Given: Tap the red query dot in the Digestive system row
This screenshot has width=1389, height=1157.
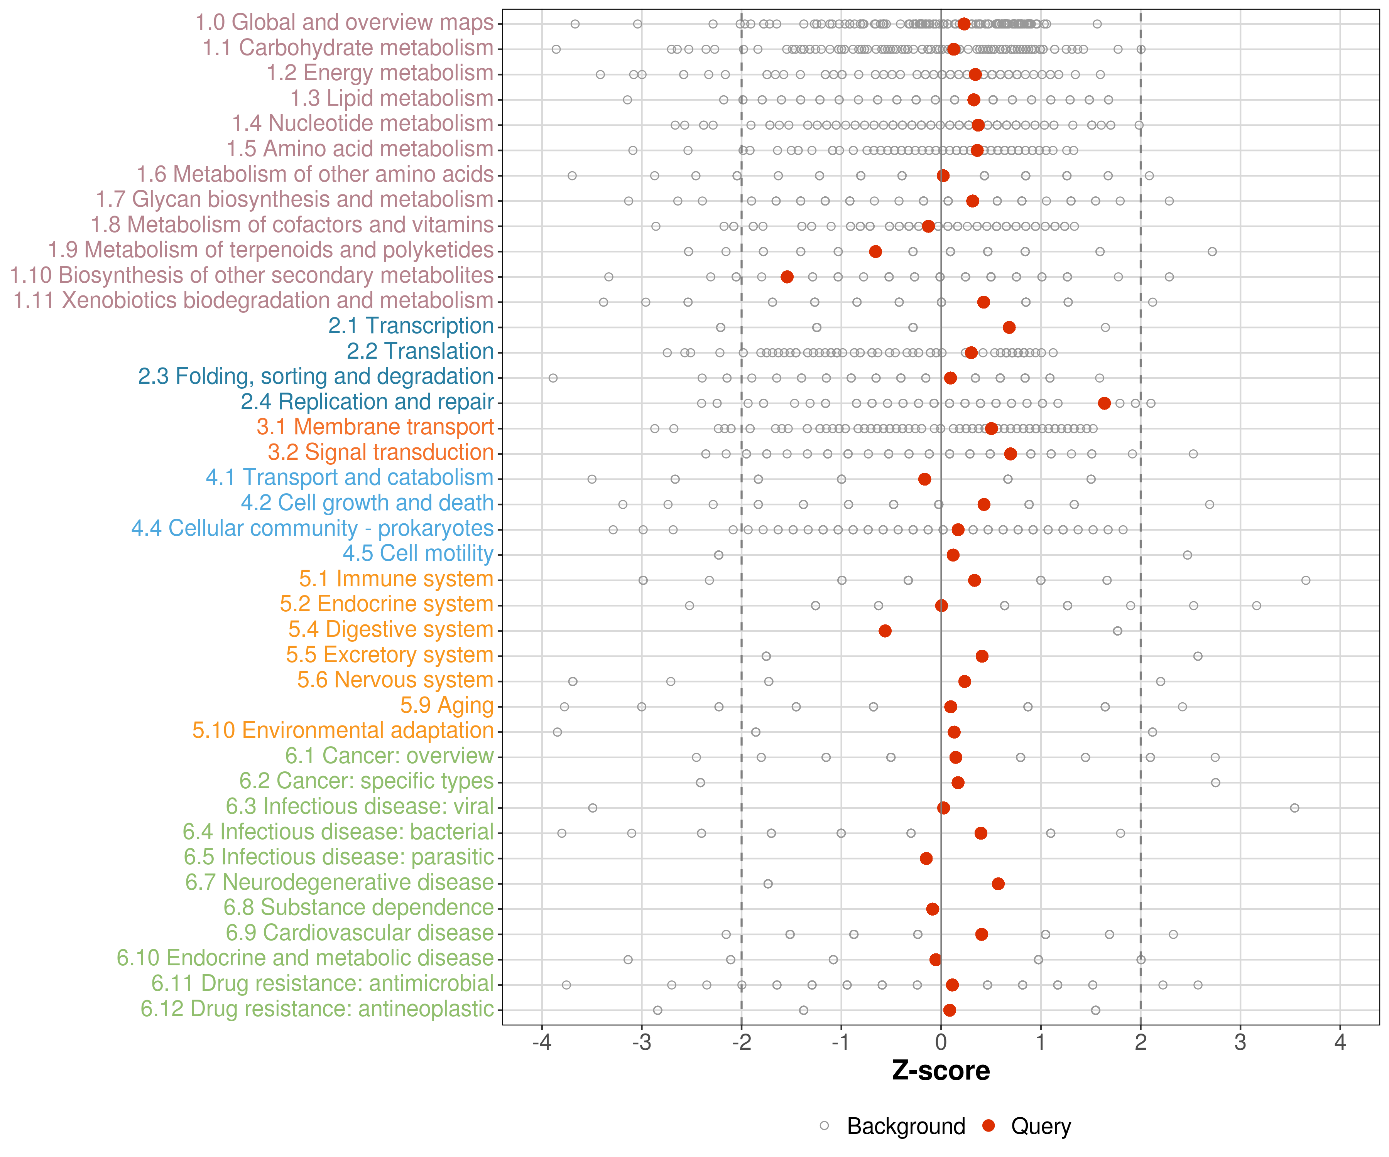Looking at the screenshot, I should point(885,631).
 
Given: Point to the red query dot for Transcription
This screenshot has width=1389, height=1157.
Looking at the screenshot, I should point(1009,327).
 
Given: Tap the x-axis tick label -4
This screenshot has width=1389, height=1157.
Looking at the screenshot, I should point(542,1042).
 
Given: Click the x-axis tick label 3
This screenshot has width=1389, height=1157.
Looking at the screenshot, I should point(1240,1042).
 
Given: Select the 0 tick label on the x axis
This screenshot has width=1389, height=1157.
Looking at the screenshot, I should point(941,1042).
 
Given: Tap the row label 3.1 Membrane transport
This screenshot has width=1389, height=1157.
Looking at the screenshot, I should point(375,427).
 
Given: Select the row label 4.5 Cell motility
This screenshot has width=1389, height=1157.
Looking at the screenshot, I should point(418,553).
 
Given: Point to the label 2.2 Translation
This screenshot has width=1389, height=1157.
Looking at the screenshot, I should point(420,351).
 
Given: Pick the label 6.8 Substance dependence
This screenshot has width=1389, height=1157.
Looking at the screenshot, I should point(358,908).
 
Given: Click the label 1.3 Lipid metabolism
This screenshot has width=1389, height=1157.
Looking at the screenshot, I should point(392,98).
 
